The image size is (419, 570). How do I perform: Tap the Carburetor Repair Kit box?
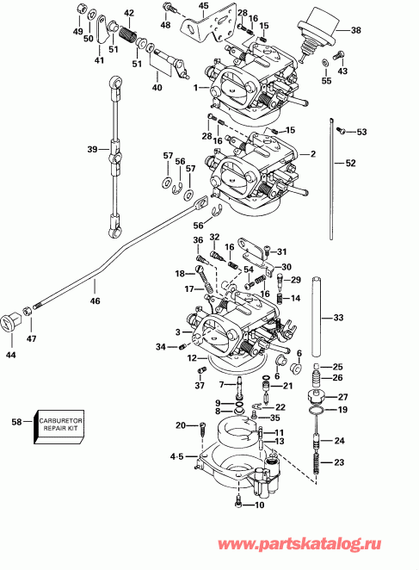pos(59,424)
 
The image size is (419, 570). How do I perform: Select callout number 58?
pos(15,422)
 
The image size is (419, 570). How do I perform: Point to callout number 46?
pos(95,300)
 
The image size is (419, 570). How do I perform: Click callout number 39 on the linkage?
pos(92,149)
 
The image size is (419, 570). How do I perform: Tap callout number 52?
pos(349,163)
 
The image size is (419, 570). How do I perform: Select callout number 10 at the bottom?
pos(259,505)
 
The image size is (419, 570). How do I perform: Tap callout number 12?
pos(194,357)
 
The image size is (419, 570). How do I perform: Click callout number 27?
pos(342,397)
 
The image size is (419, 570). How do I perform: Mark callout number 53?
pos(361,132)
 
